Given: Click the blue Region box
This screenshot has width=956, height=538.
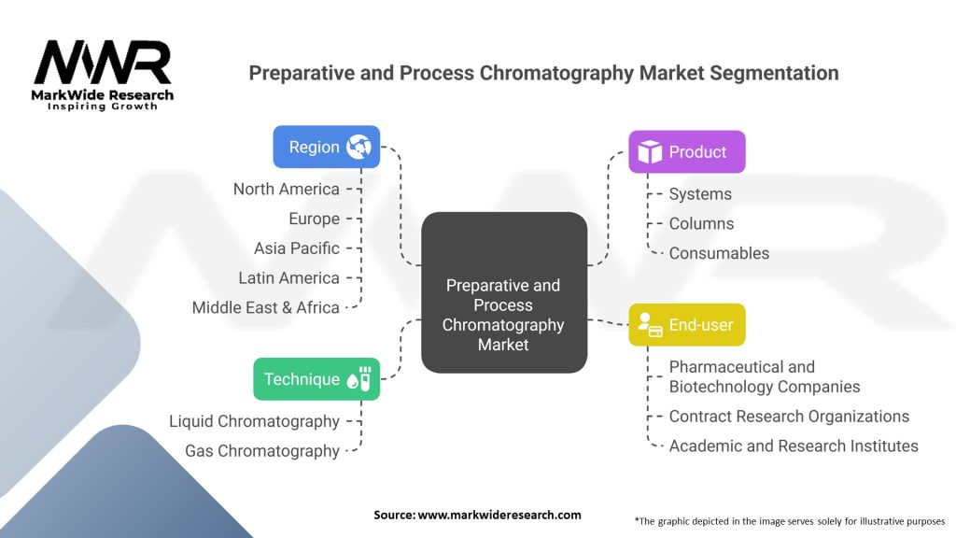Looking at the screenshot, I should pos(326,147).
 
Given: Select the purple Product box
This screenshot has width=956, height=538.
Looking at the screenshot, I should pos(686,151).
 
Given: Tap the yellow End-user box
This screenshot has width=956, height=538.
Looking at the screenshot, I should pos(686,325).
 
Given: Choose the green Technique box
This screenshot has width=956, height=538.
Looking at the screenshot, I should pos(316,378).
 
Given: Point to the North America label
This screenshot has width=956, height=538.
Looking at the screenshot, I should pos(286,189).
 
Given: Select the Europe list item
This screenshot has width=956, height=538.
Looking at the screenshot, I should pos(314,219).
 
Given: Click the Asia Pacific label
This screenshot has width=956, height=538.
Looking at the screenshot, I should pos(296,248).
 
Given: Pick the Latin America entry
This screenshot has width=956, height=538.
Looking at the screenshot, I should pos(288,277).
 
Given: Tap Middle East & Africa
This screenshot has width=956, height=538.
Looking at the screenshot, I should pos(265,307).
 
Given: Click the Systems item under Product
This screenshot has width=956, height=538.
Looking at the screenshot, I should pos(700,194).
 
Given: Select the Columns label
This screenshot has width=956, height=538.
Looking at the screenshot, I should pos(701,223).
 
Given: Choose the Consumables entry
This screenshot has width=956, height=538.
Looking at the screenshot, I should pos(719,253).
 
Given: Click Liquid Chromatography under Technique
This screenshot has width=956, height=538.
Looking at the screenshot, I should pos(254,421).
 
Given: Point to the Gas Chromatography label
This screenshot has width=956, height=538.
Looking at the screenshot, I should pos(261,451).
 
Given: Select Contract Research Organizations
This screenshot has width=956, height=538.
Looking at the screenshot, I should pos(789,417).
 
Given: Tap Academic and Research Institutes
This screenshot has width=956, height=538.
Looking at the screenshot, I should pos(794,446).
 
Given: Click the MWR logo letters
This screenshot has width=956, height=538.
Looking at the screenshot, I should pos(103,64).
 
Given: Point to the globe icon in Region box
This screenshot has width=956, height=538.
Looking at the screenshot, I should pos(358,147).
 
